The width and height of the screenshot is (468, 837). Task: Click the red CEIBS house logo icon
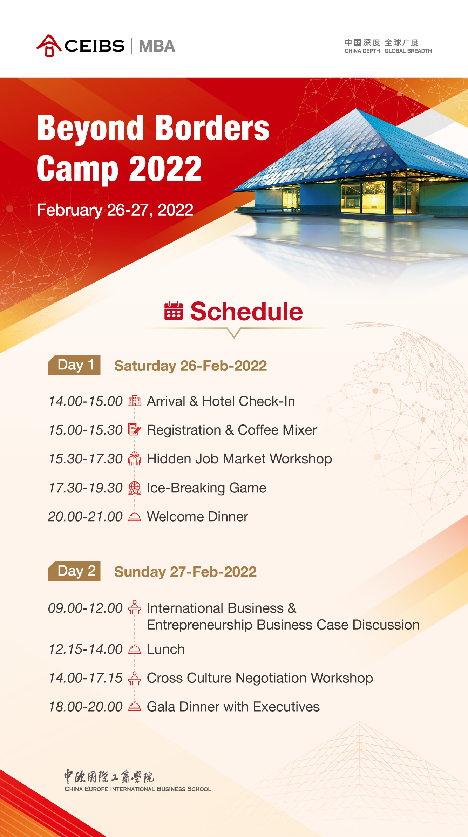click(49, 46)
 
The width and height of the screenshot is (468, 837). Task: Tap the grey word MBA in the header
click(157, 46)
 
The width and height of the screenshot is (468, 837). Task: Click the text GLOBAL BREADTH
click(408, 51)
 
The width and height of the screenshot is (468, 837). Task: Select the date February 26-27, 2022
click(115, 210)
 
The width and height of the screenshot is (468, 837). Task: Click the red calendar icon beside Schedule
click(174, 311)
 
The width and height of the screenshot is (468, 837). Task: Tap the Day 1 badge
click(74, 365)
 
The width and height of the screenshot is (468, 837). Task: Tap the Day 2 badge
click(74, 571)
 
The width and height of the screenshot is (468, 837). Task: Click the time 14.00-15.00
click(86, 401)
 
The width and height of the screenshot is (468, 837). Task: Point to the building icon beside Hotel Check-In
click(135, 401)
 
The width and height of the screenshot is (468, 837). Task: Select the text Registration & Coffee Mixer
click(232, 430)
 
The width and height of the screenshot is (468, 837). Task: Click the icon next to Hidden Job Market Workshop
click(135, 458)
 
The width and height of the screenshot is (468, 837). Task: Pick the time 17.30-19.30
click(86, 488)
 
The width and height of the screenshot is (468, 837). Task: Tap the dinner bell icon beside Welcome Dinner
click(135, 517)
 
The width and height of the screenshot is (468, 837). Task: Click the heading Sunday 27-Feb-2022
click(185, 572)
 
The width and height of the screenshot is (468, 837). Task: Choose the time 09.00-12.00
click(86, 608)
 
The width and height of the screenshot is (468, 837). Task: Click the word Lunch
click(166, 649)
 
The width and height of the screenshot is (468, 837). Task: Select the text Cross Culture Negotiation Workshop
click(260, 678)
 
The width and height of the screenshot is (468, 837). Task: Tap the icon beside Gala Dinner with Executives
click(135, 707)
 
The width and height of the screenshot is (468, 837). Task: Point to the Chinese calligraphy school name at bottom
click(109, 777)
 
